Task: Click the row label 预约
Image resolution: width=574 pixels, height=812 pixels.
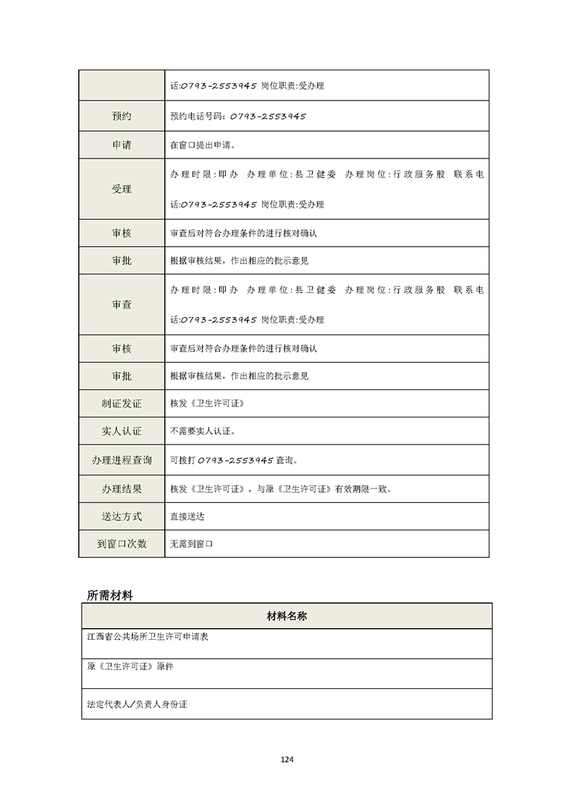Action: tap(122, 116)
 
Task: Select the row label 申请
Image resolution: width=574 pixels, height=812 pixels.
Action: tap(122, 145)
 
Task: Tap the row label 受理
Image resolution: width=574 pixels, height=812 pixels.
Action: tap(122, 189)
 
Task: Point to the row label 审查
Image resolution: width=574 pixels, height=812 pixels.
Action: tap(122, 305)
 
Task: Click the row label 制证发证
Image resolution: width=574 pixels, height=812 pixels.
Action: tap(122, 403)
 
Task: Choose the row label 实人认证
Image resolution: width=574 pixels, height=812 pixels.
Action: tap(122, 431)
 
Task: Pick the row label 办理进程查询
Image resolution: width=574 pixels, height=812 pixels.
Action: tap(122, 460)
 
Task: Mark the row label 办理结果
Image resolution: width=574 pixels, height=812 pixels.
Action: tap(122, 489)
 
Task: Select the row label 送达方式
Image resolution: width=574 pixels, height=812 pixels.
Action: tap(122, 517)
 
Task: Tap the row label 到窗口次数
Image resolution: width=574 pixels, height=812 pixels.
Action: tap(122, 544)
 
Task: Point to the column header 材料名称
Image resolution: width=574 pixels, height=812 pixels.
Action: tap(287, 616)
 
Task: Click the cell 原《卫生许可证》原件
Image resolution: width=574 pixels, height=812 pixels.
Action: tap(130, 667)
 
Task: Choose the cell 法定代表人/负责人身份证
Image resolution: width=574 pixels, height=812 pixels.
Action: tap(137, 703)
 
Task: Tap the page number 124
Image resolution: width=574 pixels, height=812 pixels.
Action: tap(287, 759)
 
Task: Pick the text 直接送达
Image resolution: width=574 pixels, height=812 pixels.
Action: tap(187, 517)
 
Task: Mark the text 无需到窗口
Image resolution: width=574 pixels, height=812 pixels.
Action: tap(192, 544)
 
